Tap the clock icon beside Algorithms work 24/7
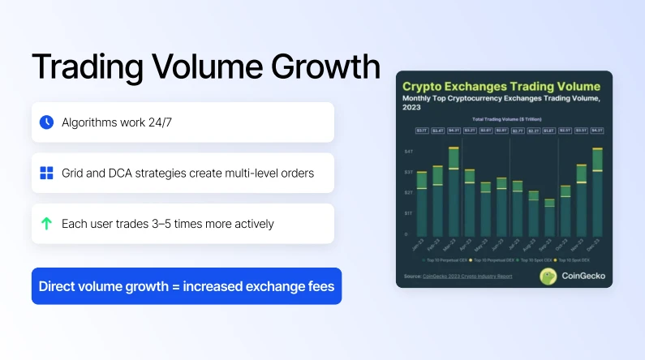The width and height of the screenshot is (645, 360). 46,122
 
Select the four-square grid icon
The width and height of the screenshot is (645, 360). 46,173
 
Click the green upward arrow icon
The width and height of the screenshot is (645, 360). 46,223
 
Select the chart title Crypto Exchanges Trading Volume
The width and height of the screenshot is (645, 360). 501,86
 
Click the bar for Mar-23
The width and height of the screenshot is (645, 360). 454,191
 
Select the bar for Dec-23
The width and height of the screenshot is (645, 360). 597,191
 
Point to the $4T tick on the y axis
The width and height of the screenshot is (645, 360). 409,152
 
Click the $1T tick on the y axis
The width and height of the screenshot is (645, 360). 409,213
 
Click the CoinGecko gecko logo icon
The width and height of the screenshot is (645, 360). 549,276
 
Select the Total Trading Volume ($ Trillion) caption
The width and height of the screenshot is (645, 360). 504,119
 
